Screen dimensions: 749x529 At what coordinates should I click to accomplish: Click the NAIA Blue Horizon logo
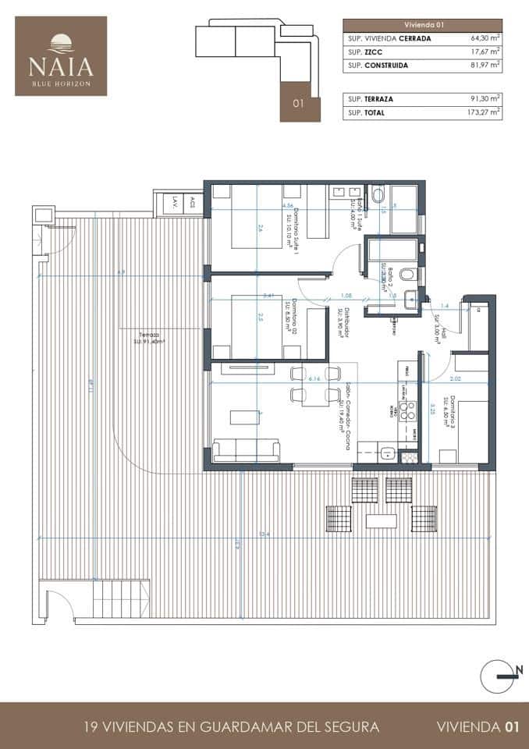61,56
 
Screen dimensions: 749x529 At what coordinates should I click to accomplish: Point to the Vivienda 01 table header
422,24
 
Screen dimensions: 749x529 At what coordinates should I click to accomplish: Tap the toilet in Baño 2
407,274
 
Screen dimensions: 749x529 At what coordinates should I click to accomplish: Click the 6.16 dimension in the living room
314,378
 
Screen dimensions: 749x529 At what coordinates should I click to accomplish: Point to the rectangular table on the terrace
382,518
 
